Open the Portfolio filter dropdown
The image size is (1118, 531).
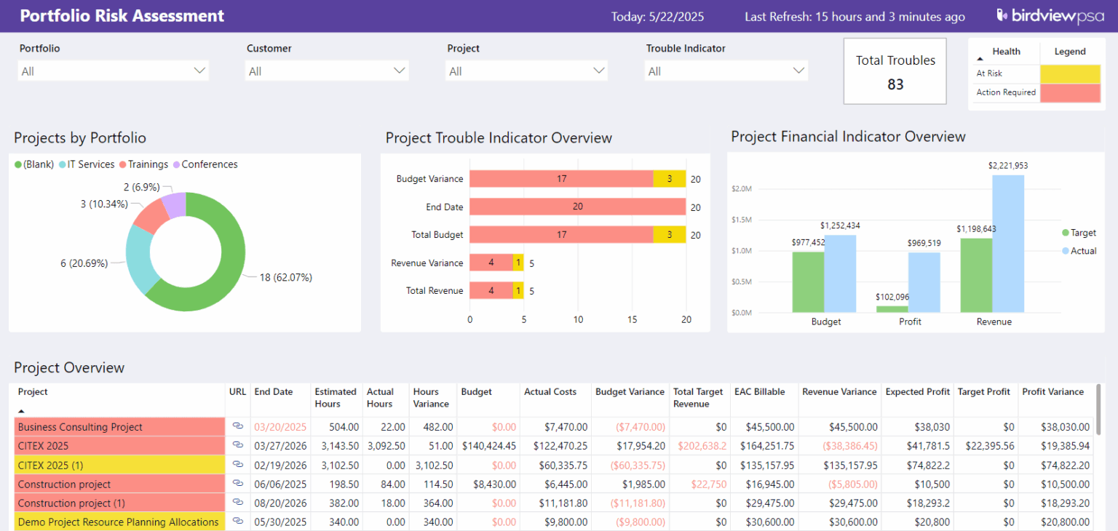click(113, 71)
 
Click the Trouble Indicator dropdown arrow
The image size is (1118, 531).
click(799, 71)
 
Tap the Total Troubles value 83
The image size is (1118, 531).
click(895, 84)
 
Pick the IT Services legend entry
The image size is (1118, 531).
click(87, 164)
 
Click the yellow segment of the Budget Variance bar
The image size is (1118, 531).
click(670, 179)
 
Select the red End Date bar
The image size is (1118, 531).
click(577, 207)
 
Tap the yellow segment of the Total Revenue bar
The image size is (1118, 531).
click(518, 291)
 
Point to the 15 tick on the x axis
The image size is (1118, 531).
click(633, 319)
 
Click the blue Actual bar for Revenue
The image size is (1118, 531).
click(1008, 244)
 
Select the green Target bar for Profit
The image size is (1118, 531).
click(892, 308)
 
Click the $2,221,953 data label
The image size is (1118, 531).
click(1008, 166)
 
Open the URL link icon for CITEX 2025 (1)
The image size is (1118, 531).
click(237, 464)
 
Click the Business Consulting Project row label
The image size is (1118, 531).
click(80, 427)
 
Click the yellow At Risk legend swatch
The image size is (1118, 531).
click(1070, 73)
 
